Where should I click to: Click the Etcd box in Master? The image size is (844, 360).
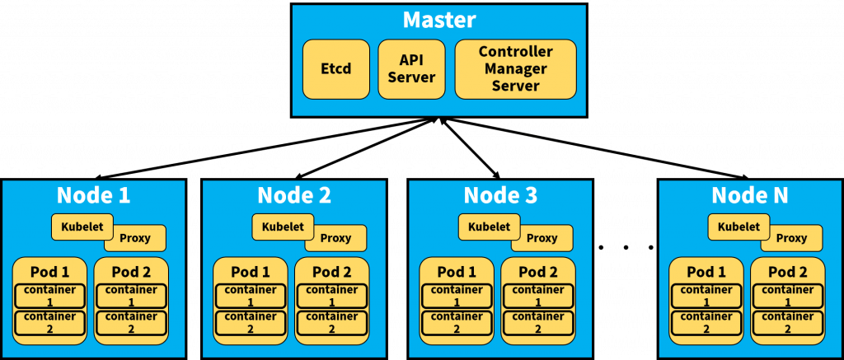[x=336, y=69]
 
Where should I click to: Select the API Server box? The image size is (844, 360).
[x=412, y=69]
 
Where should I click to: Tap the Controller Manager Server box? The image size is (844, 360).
[x=516, y=69]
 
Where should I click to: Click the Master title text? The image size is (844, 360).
[x=439, y=20]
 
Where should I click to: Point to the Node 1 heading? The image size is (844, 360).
[x=94, y=195]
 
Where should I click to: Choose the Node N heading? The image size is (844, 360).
[x=750, y=195]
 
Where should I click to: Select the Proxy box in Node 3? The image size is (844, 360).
[x=542, y=238]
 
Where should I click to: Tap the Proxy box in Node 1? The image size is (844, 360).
[x=135, y=238]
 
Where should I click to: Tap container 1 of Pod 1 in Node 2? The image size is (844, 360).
[x=251, y=296]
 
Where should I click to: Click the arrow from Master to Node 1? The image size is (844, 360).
[x=265, y=148]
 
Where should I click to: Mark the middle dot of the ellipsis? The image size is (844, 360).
[x=626, y=247]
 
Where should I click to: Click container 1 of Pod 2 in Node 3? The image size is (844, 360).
[x=536, y=296]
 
